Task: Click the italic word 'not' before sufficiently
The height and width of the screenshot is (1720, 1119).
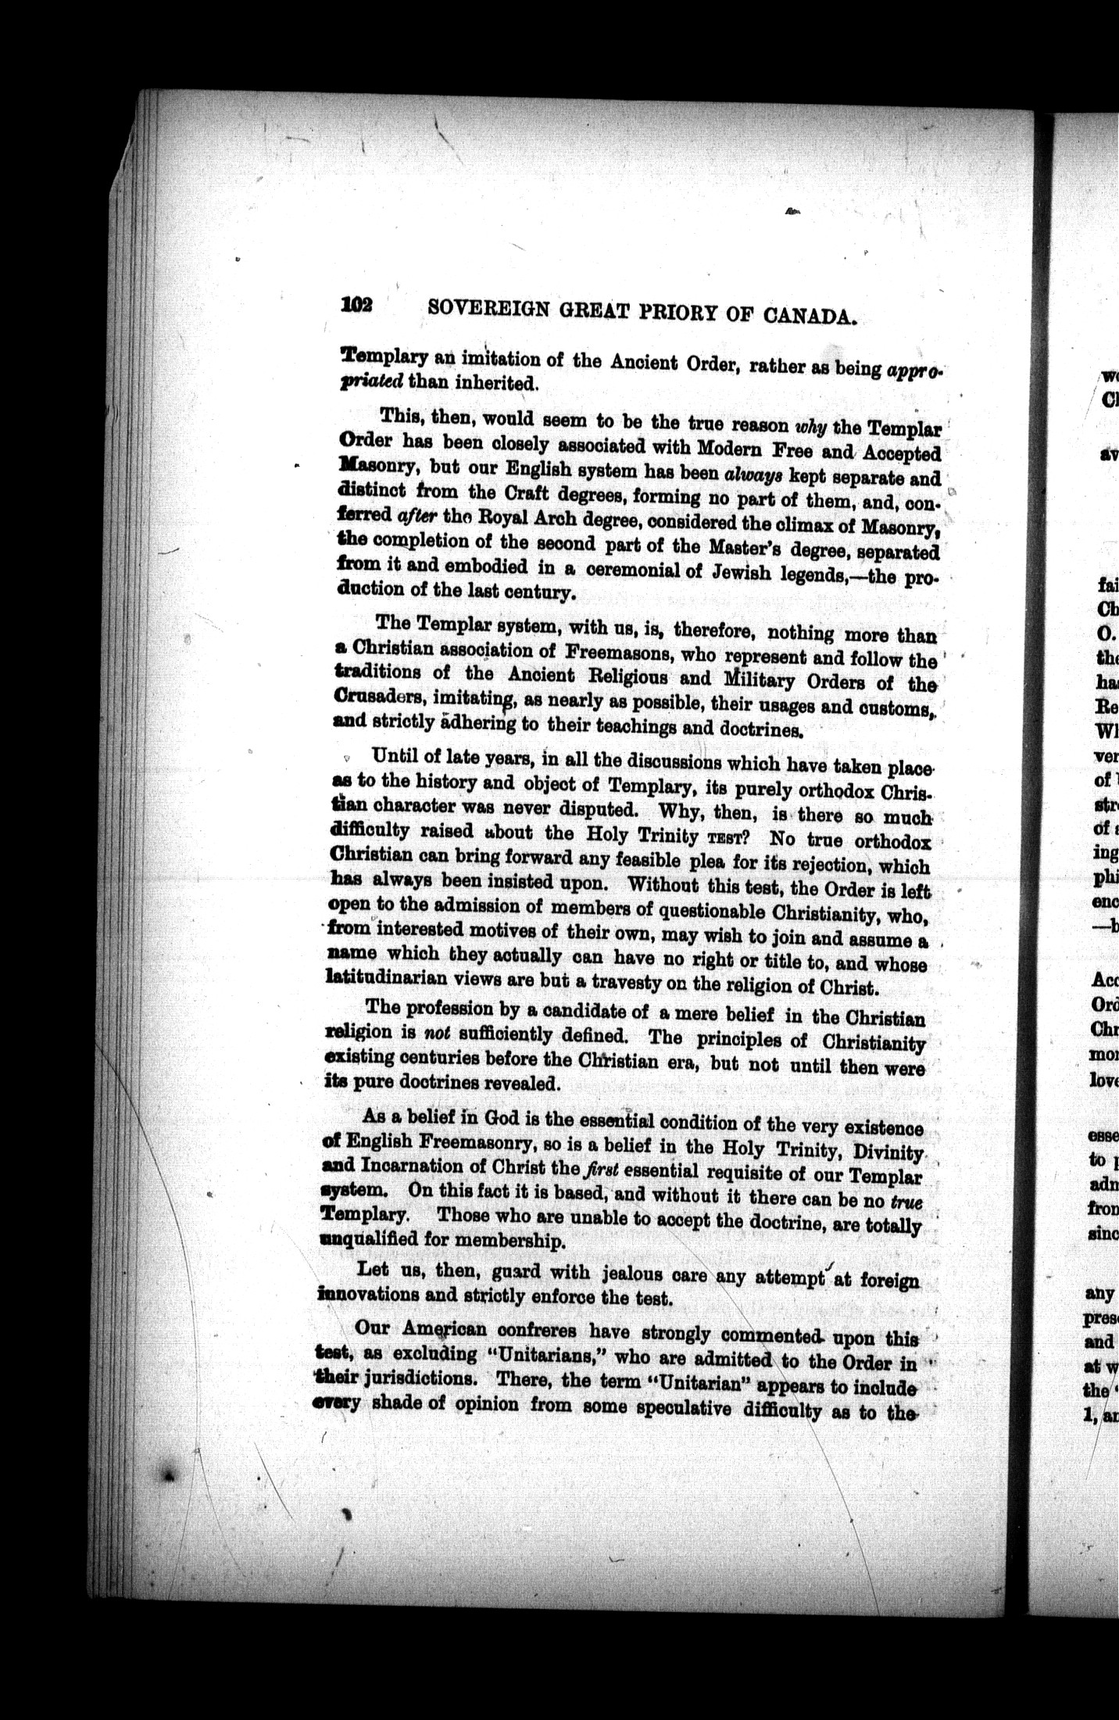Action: point(434,1034)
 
